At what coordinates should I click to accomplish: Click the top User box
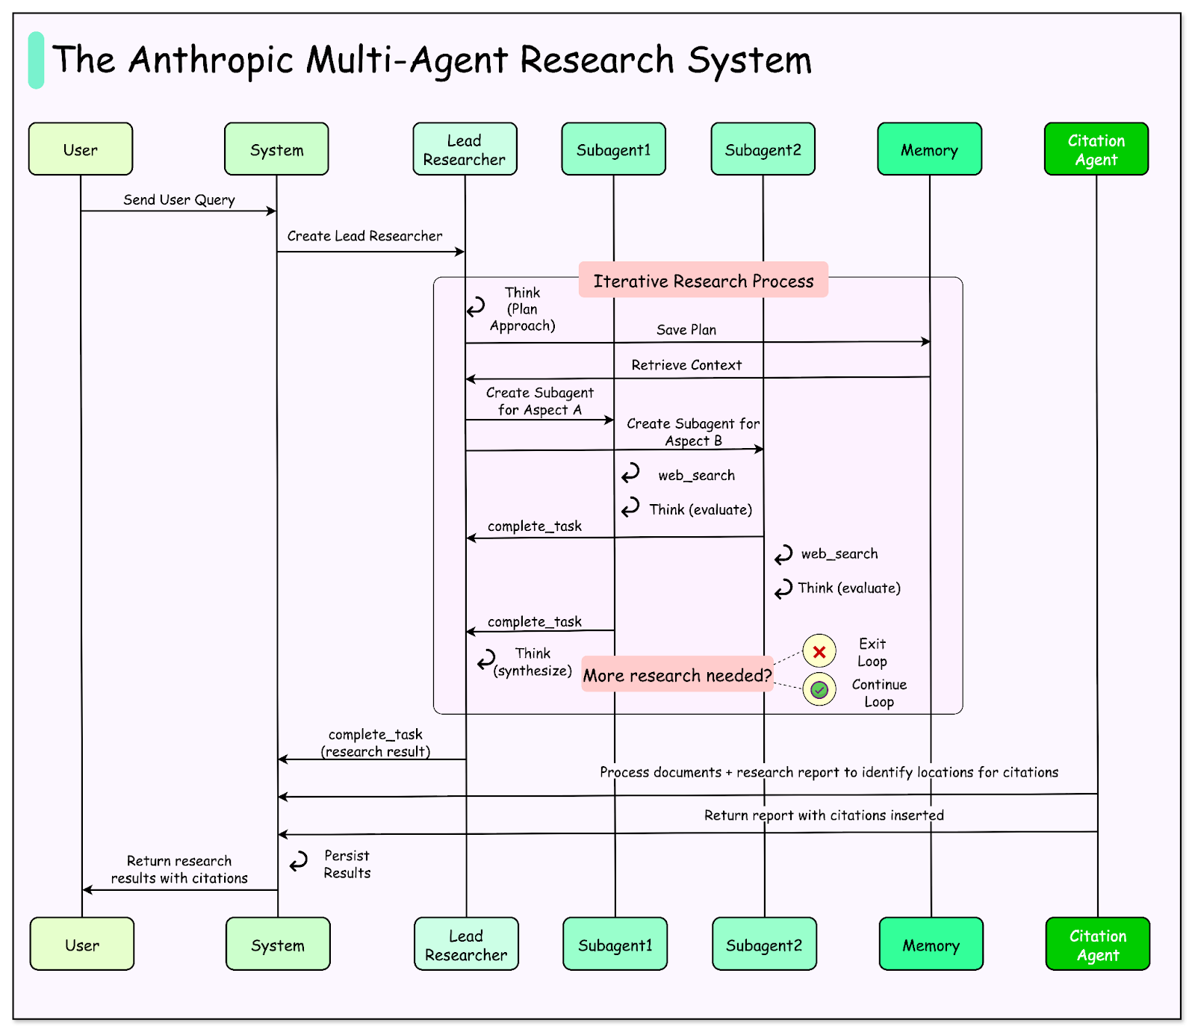[81, 149]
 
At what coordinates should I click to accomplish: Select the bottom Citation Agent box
[1097, 945]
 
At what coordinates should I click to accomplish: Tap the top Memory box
[929, 149]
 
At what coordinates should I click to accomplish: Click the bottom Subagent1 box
[615, 945]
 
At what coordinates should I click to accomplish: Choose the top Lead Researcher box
[465, 149]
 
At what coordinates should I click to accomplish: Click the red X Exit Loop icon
[819, 651]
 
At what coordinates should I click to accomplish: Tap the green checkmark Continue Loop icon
[819, 689]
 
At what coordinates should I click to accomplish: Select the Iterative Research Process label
[703, 281]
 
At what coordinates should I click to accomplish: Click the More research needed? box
[677, 675]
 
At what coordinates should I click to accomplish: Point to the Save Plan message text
[686, 329]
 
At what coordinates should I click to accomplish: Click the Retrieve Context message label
[686, 365]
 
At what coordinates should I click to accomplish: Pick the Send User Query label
[179, 199]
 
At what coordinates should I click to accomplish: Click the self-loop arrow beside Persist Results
[299, 862]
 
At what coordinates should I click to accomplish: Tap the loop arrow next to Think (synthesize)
[486, 659]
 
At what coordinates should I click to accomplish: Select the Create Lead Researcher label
[364, 236]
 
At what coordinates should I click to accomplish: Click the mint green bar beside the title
[36, 60]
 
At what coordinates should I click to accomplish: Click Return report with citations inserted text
[824, 815]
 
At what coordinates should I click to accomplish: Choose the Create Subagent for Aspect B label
[693, 432]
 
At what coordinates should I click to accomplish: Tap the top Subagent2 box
[763, 149]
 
